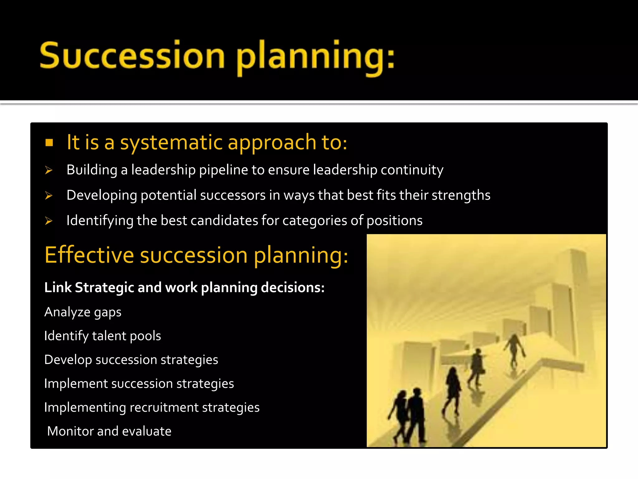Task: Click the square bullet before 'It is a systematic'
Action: coord(49,143)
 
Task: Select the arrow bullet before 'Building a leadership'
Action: coord(49,170)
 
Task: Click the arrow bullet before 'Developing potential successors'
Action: coord(49,196)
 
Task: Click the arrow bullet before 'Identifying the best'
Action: coord(49,221)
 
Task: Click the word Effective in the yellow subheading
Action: coord(89,255)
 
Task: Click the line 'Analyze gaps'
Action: coord(83,312)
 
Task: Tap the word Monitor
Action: coord(70,431)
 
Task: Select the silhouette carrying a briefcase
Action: coord(477,365)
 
